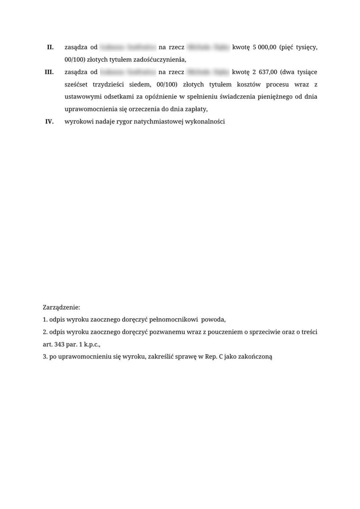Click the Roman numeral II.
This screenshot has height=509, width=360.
[50, 48]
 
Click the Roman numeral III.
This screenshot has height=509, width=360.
[49, 72]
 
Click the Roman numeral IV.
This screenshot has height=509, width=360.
[49, 121]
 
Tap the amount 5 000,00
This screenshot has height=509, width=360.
[262, 48]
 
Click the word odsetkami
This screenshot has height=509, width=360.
[118, 97]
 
